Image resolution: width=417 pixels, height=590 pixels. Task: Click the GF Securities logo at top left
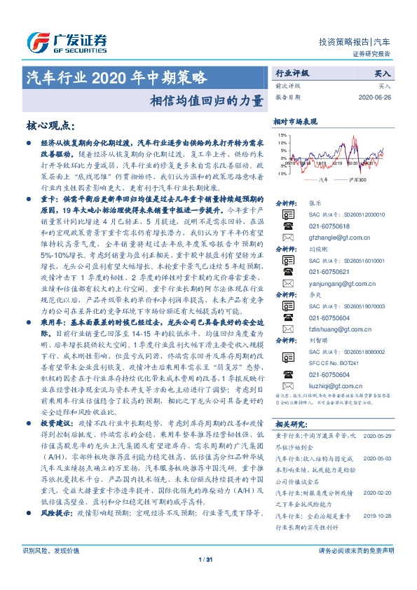(x=67, y=41)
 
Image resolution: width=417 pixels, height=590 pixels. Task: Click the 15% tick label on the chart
(x=282, y=135)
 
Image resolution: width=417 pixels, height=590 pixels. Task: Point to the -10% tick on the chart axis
(x=282, y=172)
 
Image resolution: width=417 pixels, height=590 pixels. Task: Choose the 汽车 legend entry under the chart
(x=323, y=181)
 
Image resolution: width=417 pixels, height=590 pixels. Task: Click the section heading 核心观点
(x=49, y=126)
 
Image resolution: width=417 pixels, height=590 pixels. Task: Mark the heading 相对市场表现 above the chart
(x=295, y=121)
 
